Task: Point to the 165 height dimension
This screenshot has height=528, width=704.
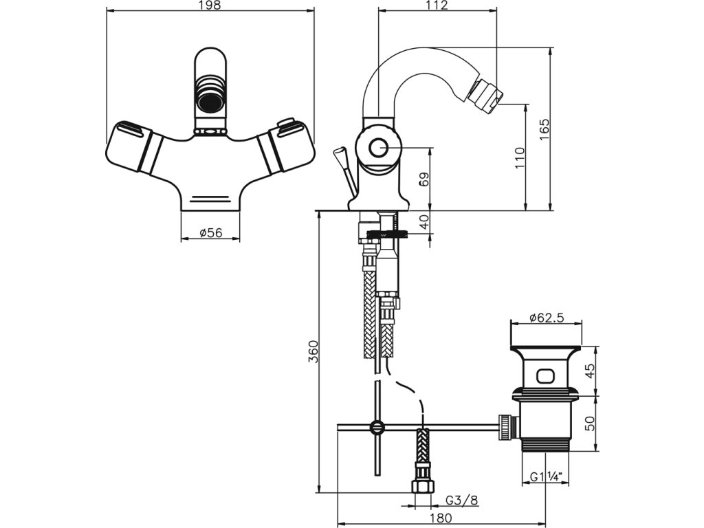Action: (544, 129)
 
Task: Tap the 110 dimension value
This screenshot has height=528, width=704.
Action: (520, 157)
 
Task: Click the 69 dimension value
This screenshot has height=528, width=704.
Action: (424, 179)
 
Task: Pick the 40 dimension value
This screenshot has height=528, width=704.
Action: (424, 222)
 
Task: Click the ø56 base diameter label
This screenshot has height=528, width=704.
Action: (211, 233)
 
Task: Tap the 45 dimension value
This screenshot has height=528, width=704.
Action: (590, 371)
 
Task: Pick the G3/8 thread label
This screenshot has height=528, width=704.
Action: (462, 500)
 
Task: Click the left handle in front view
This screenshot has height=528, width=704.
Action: (135, 146)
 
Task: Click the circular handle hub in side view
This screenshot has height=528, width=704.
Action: (377, 148)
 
